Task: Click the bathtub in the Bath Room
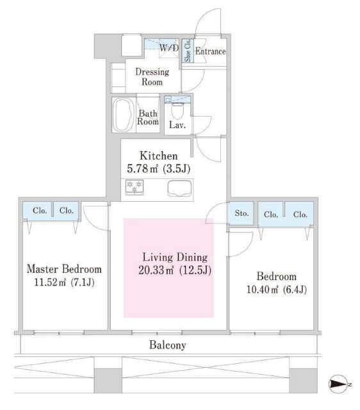(123, 115)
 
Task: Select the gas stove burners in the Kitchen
(135, 187)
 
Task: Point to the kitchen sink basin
(179, 188)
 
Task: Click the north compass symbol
(338, 384)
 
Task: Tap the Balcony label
(168, 345)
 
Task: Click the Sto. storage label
(241, 213)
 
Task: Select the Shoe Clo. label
(188, 51)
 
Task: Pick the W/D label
(169, 47)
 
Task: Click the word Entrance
(211, 51)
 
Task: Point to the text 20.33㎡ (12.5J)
(175, 270)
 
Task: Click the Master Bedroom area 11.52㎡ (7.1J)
(64, 283)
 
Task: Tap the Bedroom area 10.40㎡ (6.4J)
(277, 290)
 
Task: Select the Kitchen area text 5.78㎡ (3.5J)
(158, 168)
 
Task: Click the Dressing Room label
(152, 77)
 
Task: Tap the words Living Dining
(175, 258)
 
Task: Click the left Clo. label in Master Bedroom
(40, 211)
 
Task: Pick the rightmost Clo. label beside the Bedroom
(300, 215)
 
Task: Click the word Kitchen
(159, 156)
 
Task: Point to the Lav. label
(177, 125)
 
